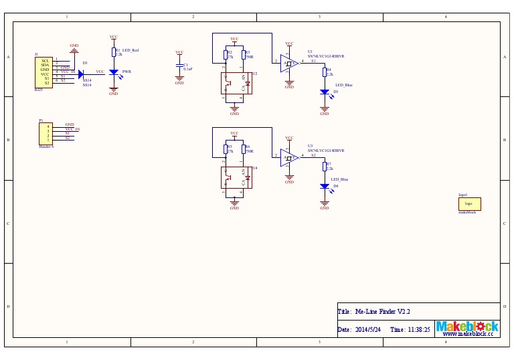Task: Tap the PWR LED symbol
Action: coord(113,72)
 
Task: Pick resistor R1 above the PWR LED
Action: coord(113,52)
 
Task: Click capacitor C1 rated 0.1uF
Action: coord(179,66)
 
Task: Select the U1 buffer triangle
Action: coord(289,64)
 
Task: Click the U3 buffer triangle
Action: coord(289,158)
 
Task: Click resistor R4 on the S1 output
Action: coord(325,72)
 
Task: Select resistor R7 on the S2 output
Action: coord(325,167)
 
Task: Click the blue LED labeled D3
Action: coord(325,92)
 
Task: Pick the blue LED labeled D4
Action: coord(325,187)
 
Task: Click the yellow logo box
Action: coord(469,203)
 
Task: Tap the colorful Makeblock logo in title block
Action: coord(467,327)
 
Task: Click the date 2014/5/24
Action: coord(367,330)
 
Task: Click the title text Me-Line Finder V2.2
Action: coord(381,312)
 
